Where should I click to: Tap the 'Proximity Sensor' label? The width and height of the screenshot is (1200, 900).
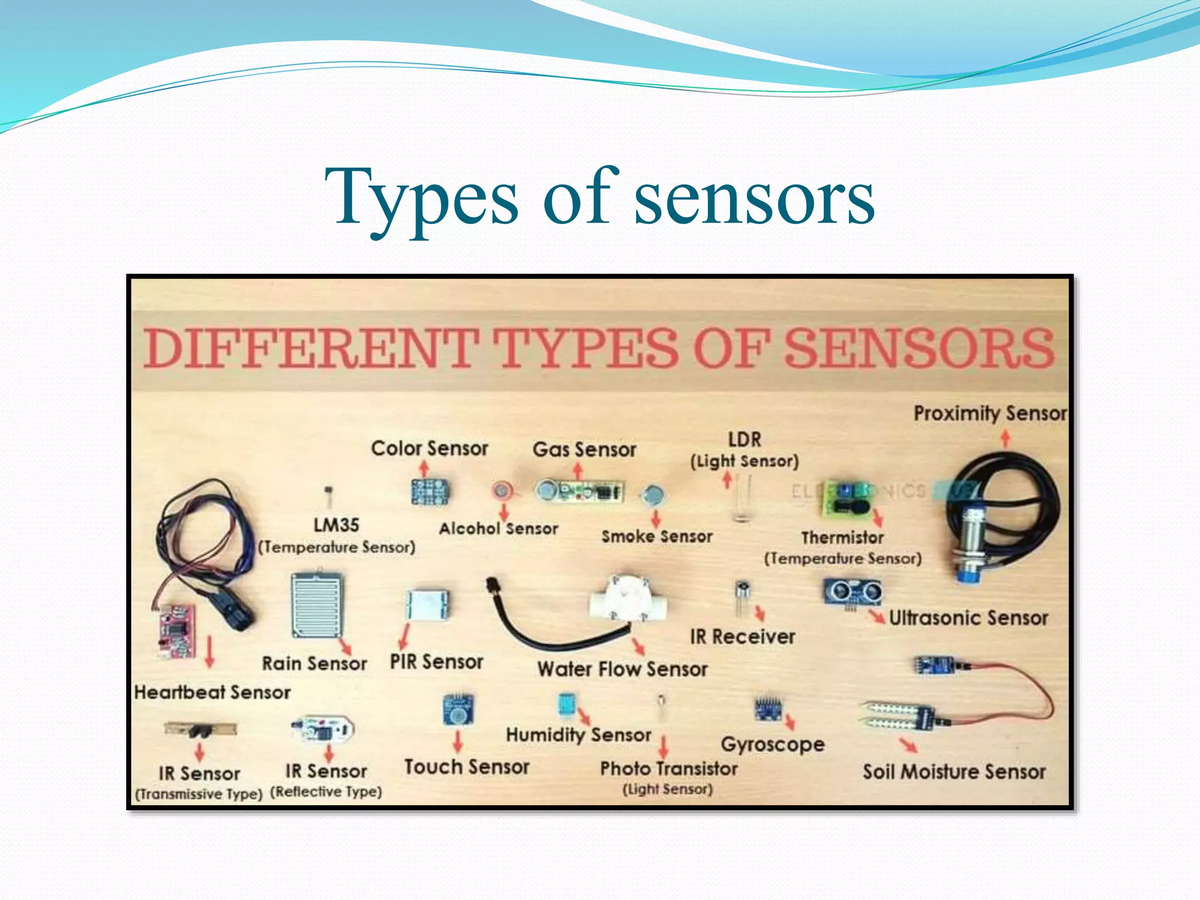pos(990,413)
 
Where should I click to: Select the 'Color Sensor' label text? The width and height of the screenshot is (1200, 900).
pos(429,449)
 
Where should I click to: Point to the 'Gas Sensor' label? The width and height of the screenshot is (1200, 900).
pos(584,450)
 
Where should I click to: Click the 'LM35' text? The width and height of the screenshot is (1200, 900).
pos(336,525)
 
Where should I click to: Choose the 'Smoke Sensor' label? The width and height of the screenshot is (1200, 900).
pos(657,537)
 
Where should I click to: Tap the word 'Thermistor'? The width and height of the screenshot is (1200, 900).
pos(843,538)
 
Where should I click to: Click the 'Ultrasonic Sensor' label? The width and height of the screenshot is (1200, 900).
pos(969,618)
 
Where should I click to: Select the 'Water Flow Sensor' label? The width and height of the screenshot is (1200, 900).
pos(622,669)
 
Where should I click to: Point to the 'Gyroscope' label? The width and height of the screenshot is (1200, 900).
pos(773,745)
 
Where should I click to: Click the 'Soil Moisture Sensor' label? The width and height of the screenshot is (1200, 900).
pos(954,772)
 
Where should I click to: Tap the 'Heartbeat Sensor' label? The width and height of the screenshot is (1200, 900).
pos(212,693)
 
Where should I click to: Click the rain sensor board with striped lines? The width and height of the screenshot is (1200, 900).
pos(316,606)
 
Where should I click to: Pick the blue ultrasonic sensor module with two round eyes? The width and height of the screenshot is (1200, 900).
pos(853,592)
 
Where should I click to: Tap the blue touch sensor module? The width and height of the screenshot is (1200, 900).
pos(458,710)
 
